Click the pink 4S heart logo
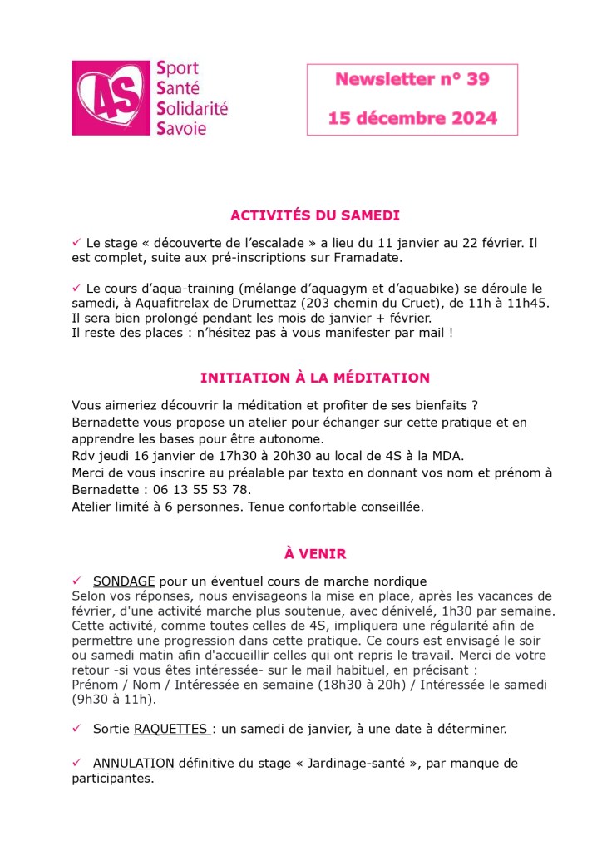coord(111,97)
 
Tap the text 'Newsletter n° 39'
coord(412,80)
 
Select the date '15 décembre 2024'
coord(412,118)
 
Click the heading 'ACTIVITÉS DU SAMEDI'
coord(315,215)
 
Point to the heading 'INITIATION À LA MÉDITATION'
coord(315,378)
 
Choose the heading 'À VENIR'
coord(315,553)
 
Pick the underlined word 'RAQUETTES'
coord(170,729)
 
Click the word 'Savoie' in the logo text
coord(181,127)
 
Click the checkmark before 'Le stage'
coord(76,242)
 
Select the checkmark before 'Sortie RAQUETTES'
coord(76,729)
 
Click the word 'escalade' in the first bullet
coord(273,243)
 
